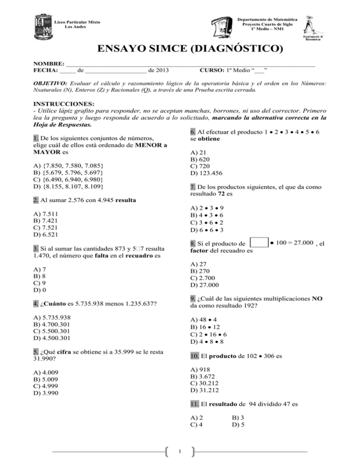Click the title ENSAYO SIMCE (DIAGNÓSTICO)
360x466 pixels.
click(x=180, y=49)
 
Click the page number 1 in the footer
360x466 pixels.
click(x=180, y=452)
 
